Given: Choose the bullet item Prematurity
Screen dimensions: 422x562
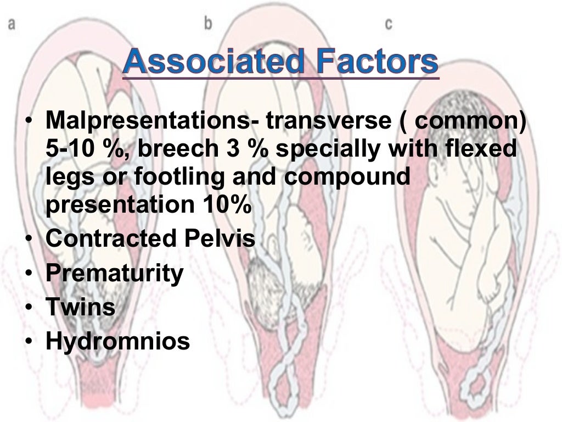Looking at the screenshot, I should tap(114, 273).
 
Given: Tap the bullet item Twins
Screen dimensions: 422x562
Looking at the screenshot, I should tap(80, 307).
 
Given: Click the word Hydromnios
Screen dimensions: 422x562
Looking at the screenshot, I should tap(117, 341).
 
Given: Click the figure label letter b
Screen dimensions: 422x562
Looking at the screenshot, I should tap(207, 23).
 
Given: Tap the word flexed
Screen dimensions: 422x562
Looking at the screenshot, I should tap(483, 148).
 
